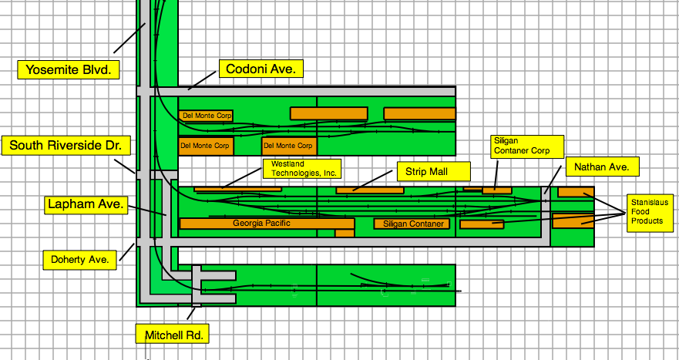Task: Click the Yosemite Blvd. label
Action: tap(68, 69)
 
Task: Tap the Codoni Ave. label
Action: tap(261, 69)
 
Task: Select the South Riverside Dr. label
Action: tap(66, 145)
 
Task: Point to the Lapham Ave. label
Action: tap(84, 204)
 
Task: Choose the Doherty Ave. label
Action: tap(80, 258)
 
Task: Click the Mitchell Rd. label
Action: tap(172, 334)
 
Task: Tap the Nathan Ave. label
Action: tap(602, 166)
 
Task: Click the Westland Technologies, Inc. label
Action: tap(301, 168)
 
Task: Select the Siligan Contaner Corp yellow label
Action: tap(527, 146)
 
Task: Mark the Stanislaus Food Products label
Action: tap(647, 210)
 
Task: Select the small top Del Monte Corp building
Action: tap(206, 116)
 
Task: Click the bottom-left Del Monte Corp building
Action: tap(205, 145)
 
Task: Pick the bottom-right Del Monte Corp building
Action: tap(288, 145)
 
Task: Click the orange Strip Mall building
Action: tap(370, 190)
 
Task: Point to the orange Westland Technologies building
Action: tap(227, 189)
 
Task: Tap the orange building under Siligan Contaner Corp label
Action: tap(497, 190)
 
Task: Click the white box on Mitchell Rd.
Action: tap(197, 304)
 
